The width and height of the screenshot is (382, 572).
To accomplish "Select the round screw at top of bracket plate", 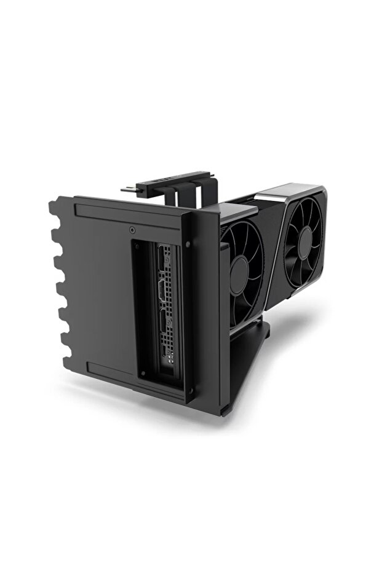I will coord(133,230).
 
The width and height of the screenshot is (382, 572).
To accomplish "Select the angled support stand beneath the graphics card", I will coord(246,356).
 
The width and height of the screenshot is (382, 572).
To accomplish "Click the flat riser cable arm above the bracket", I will coord(166,179).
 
